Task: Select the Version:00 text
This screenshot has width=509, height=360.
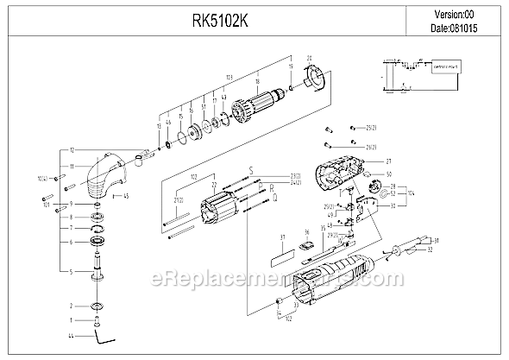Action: (x=455, y=13)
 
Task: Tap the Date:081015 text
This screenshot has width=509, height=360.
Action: (x=455, y=28)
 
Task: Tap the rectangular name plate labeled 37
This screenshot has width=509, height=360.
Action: (x=277, y=256)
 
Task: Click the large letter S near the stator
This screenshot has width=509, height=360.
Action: (x=250, y=170)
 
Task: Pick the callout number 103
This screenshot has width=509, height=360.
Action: (x=204, y=78)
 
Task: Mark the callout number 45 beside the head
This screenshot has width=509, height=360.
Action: (x=126, y=196)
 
